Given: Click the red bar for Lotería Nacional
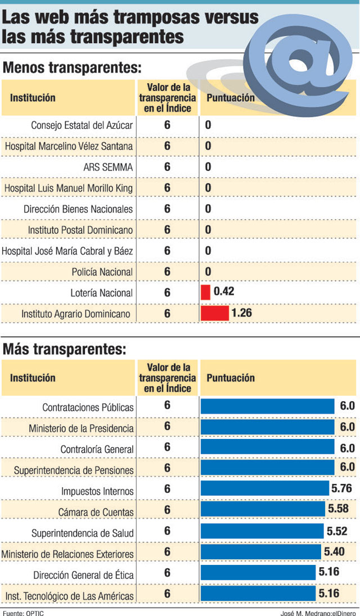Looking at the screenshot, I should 205,292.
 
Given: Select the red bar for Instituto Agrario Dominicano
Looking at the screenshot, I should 215,313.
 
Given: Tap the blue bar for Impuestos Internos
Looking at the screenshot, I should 264,488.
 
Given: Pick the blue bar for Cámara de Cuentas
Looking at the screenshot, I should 263,509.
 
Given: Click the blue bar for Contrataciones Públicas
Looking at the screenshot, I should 268,406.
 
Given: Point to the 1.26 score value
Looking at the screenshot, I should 241,313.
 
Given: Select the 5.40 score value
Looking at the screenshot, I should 334,552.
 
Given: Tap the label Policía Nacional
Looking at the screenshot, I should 102,272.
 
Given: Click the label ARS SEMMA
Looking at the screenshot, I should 108,167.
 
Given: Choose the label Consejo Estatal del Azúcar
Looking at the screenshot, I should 82,125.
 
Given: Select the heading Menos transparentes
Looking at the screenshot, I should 72,69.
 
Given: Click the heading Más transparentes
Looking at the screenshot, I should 64,350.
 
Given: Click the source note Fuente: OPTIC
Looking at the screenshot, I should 23,612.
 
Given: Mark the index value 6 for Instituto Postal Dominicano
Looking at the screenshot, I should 167,230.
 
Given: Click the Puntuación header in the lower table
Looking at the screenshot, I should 231,378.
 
